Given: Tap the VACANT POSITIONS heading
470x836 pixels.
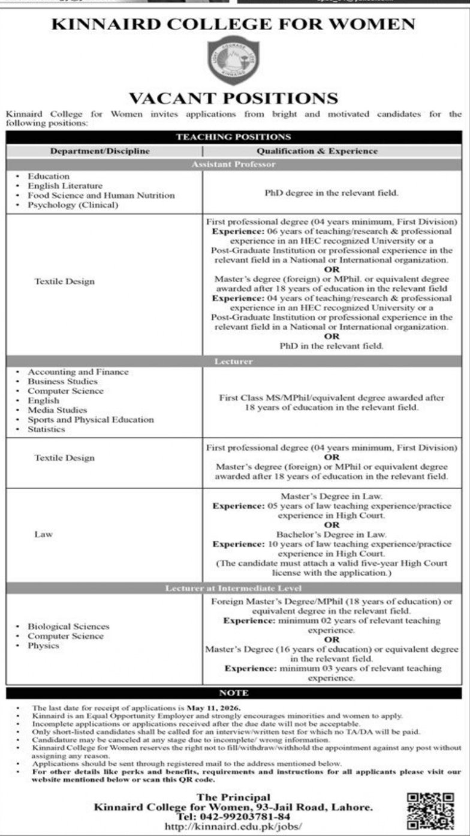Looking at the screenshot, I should (x=234, y=98).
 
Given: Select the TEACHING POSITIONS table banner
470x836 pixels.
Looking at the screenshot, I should (x=234, y=137).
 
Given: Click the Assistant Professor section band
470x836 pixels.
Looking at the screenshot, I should (x=234, y=164).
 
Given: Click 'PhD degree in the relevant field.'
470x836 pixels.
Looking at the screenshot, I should (x=332, y=194).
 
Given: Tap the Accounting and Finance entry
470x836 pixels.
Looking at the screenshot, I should (x=79, y=372).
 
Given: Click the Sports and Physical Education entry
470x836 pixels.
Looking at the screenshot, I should (x=91, y=420).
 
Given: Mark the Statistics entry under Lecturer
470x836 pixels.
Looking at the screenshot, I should (x=47, y=430).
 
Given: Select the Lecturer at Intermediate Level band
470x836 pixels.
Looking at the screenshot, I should (x=234, y=588).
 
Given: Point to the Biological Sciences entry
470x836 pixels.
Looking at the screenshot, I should (x=68, y=627).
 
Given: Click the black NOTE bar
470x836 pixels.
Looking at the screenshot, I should (x=234, y=693).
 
